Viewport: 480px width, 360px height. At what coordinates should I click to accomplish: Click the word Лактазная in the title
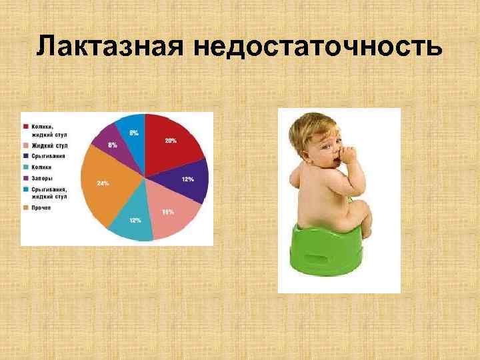tap(109, 47)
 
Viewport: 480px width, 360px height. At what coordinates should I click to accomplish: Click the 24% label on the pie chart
tap(103, 183)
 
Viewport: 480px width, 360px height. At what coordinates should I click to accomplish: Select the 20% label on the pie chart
tap(171, 141)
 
